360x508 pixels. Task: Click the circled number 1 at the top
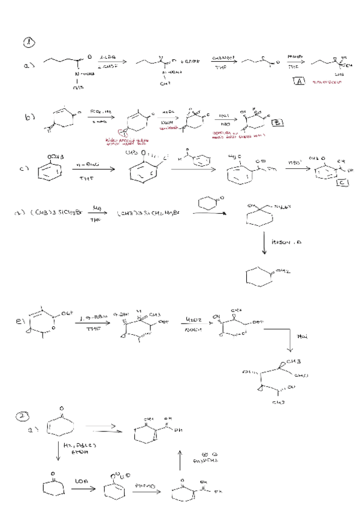29,42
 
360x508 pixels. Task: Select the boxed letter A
300,83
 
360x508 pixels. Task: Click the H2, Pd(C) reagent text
75,447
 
